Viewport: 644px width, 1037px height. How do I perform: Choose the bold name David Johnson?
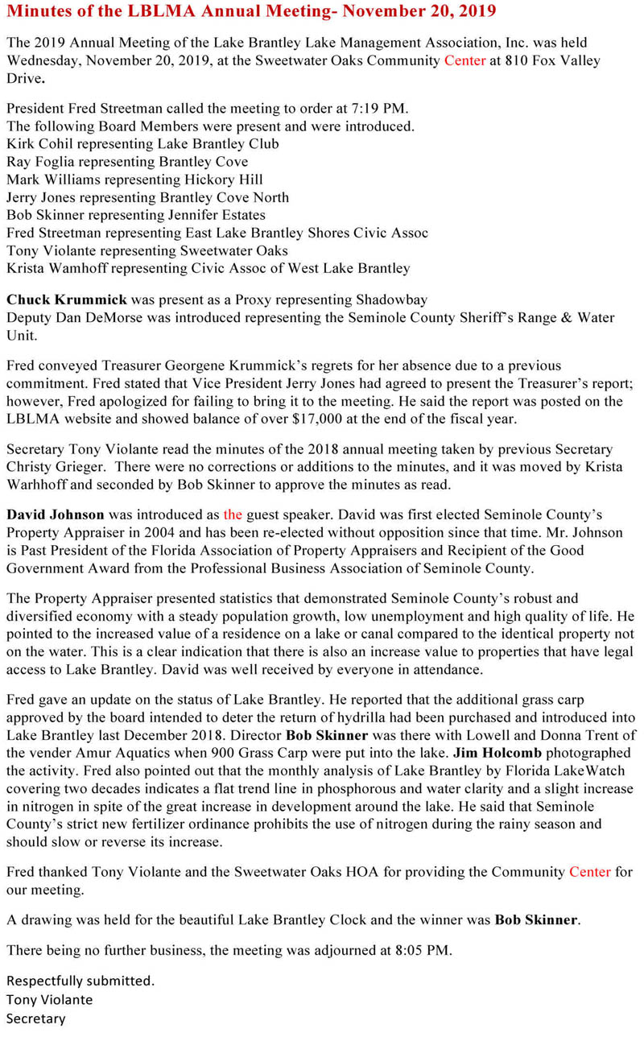pos(56,514)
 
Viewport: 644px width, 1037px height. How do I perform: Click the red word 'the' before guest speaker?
pos(233,514)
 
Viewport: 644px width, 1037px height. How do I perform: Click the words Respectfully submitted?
pos(80,981)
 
